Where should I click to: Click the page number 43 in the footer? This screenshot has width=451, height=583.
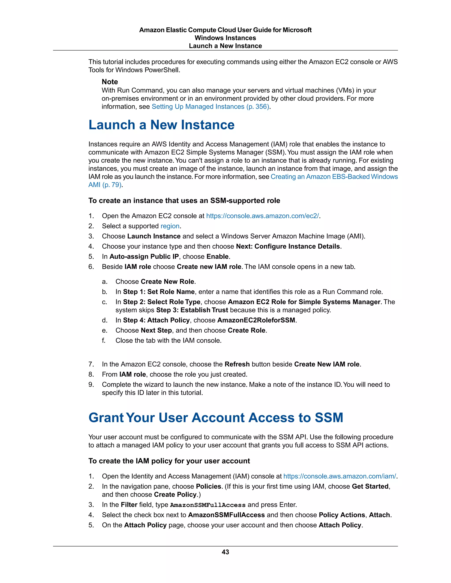225,552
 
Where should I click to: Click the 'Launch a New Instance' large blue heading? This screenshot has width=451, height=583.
161,125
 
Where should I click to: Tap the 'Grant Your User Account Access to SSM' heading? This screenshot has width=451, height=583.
216,418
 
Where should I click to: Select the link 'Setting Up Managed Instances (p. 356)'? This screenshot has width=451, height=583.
210,106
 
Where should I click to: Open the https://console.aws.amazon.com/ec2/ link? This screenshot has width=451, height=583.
262,216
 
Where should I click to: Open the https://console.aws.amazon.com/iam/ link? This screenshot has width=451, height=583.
340,476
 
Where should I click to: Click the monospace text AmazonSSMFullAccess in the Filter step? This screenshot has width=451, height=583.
208,505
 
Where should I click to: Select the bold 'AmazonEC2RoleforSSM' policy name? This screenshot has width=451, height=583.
256,320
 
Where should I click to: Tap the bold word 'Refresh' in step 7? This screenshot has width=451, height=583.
237,364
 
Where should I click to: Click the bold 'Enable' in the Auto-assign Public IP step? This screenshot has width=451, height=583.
218,257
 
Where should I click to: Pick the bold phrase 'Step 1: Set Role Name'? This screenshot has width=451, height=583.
159,292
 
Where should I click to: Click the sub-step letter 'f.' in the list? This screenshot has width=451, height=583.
104,341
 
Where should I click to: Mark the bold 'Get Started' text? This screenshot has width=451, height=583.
370,486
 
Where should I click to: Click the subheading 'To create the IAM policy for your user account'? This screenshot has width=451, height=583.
169,461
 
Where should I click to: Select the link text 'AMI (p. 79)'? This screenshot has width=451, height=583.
105,185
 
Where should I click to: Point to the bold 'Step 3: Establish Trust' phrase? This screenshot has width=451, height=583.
192,310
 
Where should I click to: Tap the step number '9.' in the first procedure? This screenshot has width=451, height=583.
91,385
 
